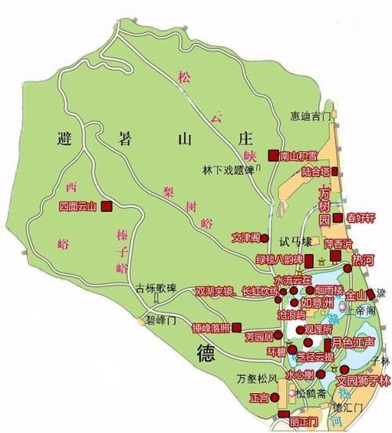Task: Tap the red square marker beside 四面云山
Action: (106, 207)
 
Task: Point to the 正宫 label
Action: (258, 398)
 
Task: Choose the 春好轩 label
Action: (361, 217)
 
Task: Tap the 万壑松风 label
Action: (258, 380)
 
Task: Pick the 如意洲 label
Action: (318, 302)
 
